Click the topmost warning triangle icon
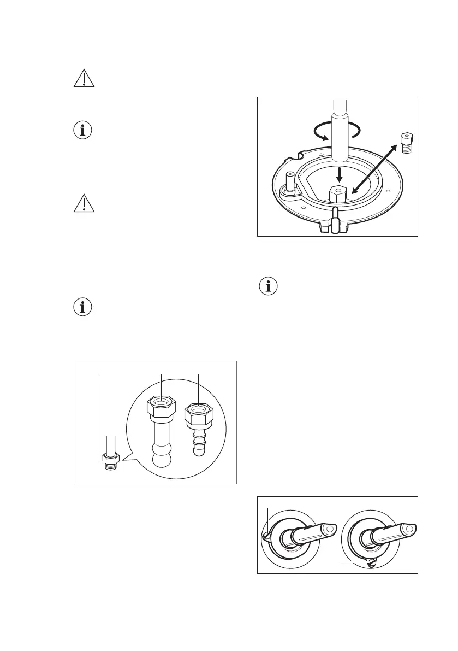point(84,80)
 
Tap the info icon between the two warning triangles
point(84,131)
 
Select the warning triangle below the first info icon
point(84,204)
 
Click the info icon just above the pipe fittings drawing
point(84,307)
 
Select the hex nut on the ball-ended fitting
point(161,408)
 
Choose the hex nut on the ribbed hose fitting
point(198,415)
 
